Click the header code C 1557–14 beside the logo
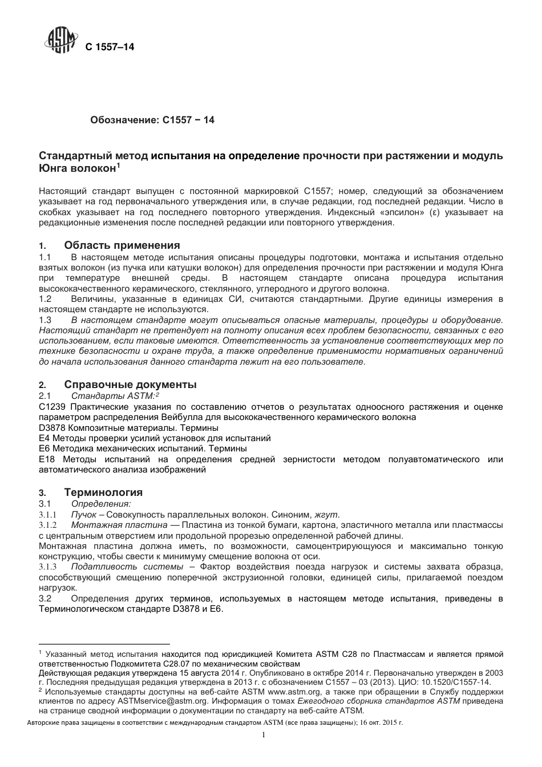coord(110,47)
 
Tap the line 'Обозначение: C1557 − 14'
coord(152,120)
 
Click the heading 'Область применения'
coord(122,245)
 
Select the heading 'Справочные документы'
coord(131,385)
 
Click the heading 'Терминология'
coord(103,493)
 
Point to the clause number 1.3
coord(45,321)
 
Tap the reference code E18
coord(46,459)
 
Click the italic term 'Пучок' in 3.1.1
coord(83,514)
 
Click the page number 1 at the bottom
coord(264,736)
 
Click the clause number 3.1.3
coord(48,567)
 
